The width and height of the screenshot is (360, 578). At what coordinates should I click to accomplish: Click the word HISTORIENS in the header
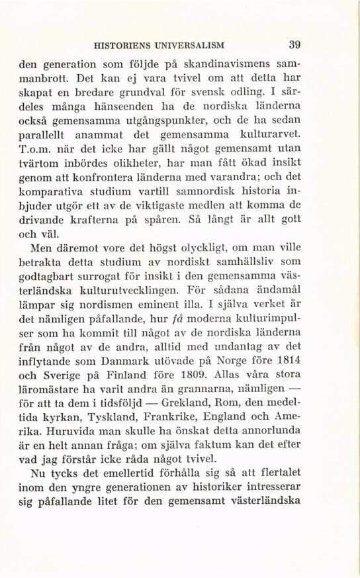[124, 46]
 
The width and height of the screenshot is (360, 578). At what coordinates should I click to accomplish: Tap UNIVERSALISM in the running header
[191, 46]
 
